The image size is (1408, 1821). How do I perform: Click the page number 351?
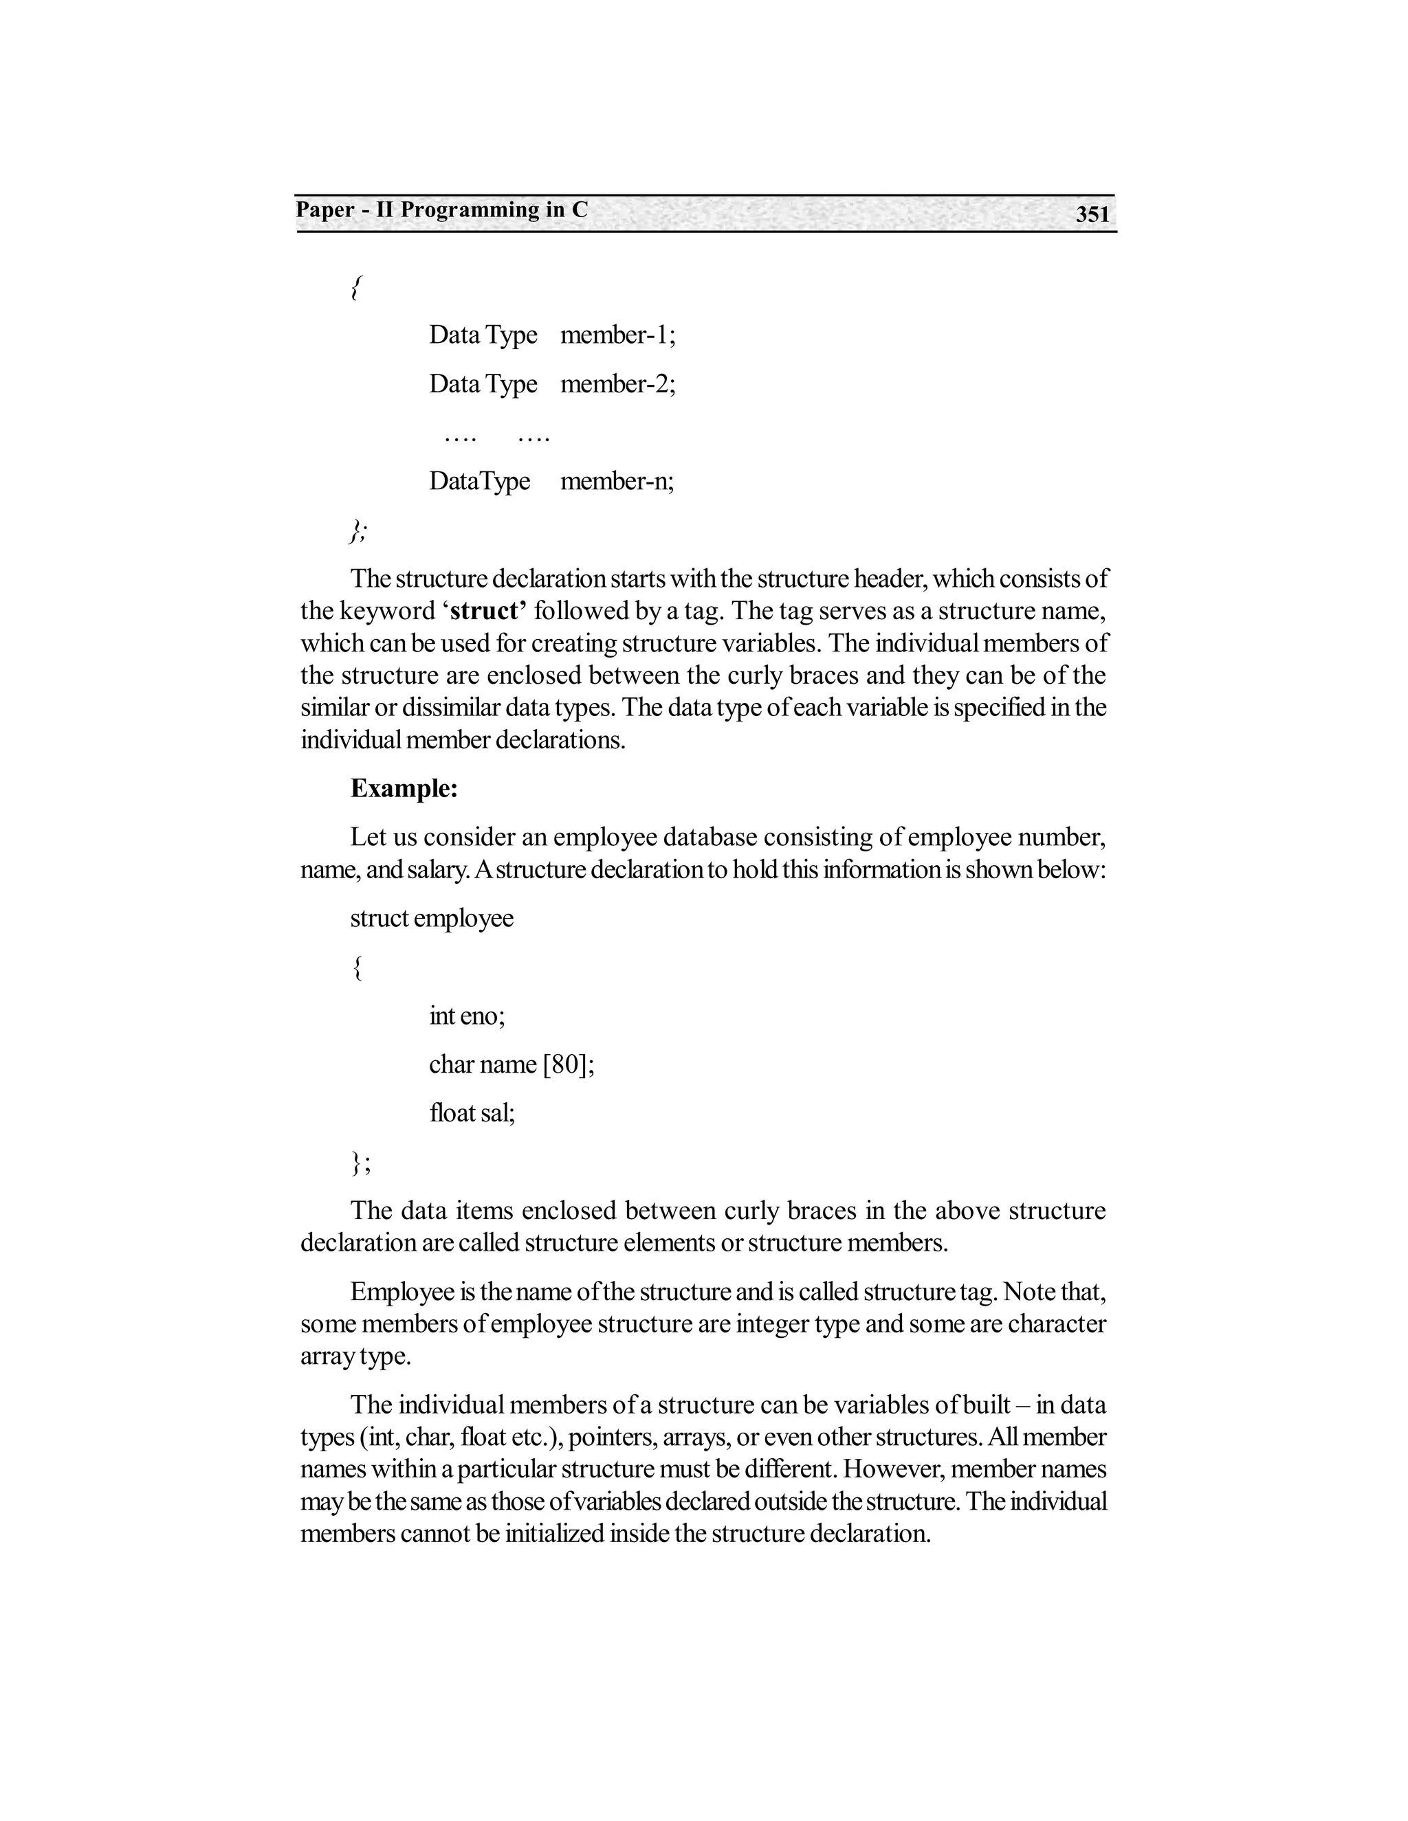pyautogui.click(x=1092, y=215)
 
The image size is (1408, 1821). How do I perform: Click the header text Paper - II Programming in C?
pyautogui.click(x=441, y=210)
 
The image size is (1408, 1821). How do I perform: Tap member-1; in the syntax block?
pyautogui.click(x=617, y=335)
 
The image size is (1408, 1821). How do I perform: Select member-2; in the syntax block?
pyautogui.click(x=617, y=384)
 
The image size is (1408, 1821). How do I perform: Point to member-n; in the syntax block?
pyautogui.click(x=617, y=482)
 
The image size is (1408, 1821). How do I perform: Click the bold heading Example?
pyautogui.click(x=404, y=789)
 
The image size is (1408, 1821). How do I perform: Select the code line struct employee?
pyautogui.click(x=431, y=919)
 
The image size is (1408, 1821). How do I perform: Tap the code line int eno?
pyautogui.click(x=466, y=1016)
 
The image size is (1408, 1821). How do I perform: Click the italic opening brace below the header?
pyautogui.click(x=355, y=289)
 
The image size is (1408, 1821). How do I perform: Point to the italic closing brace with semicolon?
pyautogui.click(x=357, y=531)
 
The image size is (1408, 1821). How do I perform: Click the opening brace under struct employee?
pyautogui.click(x=357, y=968)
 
